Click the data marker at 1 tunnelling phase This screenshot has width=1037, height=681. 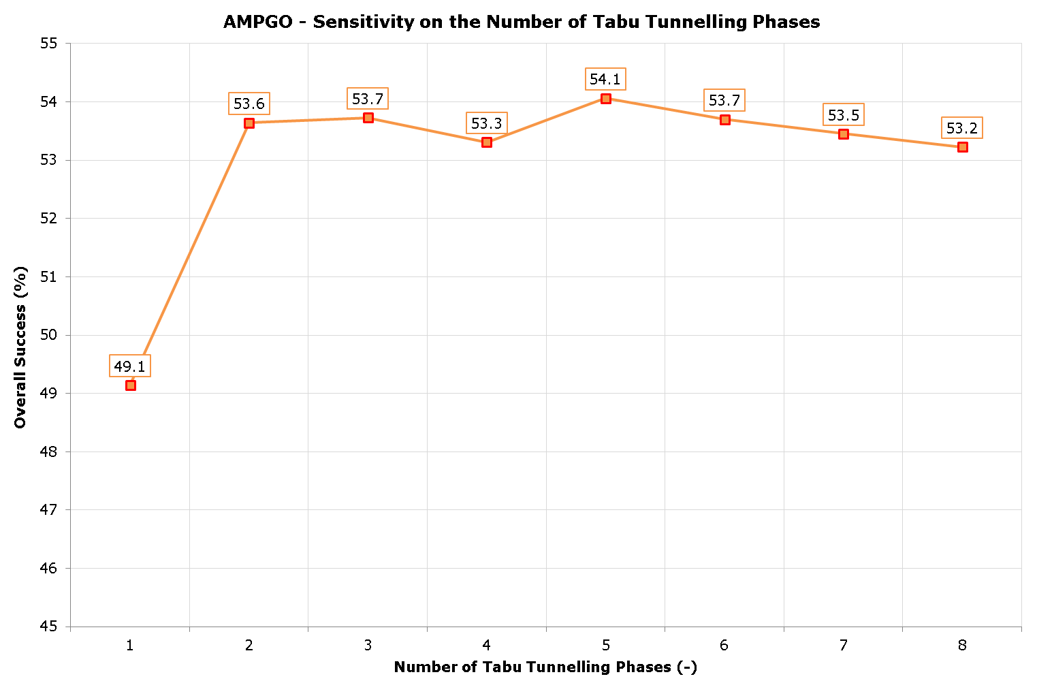[x=131, y=385]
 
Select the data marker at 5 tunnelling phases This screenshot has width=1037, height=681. [x=606, y=99]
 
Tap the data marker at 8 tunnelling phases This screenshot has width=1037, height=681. [x=962, y=147]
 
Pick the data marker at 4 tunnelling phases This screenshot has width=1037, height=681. [x=487, y=142]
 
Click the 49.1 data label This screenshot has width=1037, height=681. [x=130, y=367]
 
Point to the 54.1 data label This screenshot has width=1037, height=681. [x=605, y=80]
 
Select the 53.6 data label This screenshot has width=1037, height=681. [x=249, y=104]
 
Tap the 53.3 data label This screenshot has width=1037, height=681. [x=487, y=123]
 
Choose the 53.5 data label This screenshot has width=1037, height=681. [x=844, y=115]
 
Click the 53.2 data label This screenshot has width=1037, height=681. [x=962, y=128]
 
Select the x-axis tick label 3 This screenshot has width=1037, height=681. [x=368, y=646]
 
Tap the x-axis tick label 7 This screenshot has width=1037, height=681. [x=843, y=646]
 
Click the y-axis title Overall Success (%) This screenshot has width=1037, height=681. [x=20, y=347]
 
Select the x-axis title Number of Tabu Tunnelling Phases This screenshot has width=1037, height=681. [x=545, y=667]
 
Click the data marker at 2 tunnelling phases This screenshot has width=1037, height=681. [x=249, y=123]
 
